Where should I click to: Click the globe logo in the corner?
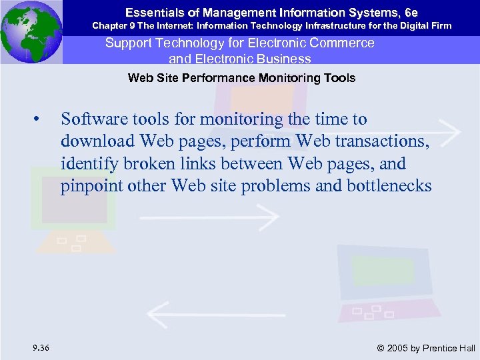tap(31, 31)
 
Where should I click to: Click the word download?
tap(92, 141)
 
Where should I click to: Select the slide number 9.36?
tap(39, 347)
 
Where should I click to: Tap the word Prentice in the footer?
tap(441, 348)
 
